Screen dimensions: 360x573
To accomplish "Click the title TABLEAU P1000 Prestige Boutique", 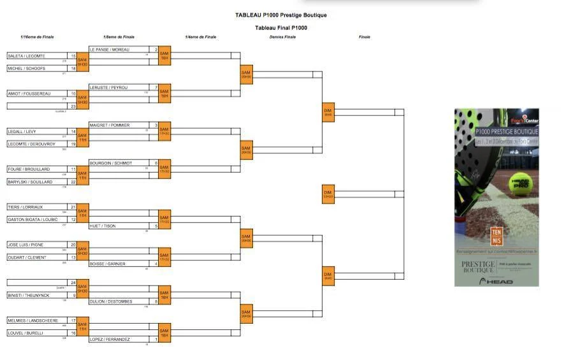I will (281, 15).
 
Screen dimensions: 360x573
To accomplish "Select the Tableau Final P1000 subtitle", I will (281, 28).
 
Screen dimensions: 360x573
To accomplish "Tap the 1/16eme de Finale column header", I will (37, 37).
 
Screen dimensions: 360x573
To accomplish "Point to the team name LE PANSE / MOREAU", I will (111, 49).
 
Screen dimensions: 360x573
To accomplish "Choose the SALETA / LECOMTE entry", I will (26, 56).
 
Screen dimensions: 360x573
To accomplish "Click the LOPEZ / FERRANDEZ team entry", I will (110, 340).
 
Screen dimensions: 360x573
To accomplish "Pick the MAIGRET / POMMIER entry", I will (110, 125).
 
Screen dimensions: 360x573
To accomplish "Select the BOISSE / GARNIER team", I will (108, 264).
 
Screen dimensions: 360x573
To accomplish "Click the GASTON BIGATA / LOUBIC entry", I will (33, 219).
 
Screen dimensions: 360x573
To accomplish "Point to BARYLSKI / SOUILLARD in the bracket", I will (29, 182).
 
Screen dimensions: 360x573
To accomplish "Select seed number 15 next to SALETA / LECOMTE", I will (73, 56).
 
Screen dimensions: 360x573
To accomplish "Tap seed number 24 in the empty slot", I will (73, 282).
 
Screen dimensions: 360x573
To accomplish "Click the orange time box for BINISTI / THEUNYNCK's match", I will (82, 289).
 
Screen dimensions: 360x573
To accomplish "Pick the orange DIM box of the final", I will (328, 194).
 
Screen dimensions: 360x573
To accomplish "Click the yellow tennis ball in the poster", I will (519, 185).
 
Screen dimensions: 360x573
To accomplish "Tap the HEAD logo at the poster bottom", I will (497, 281).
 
